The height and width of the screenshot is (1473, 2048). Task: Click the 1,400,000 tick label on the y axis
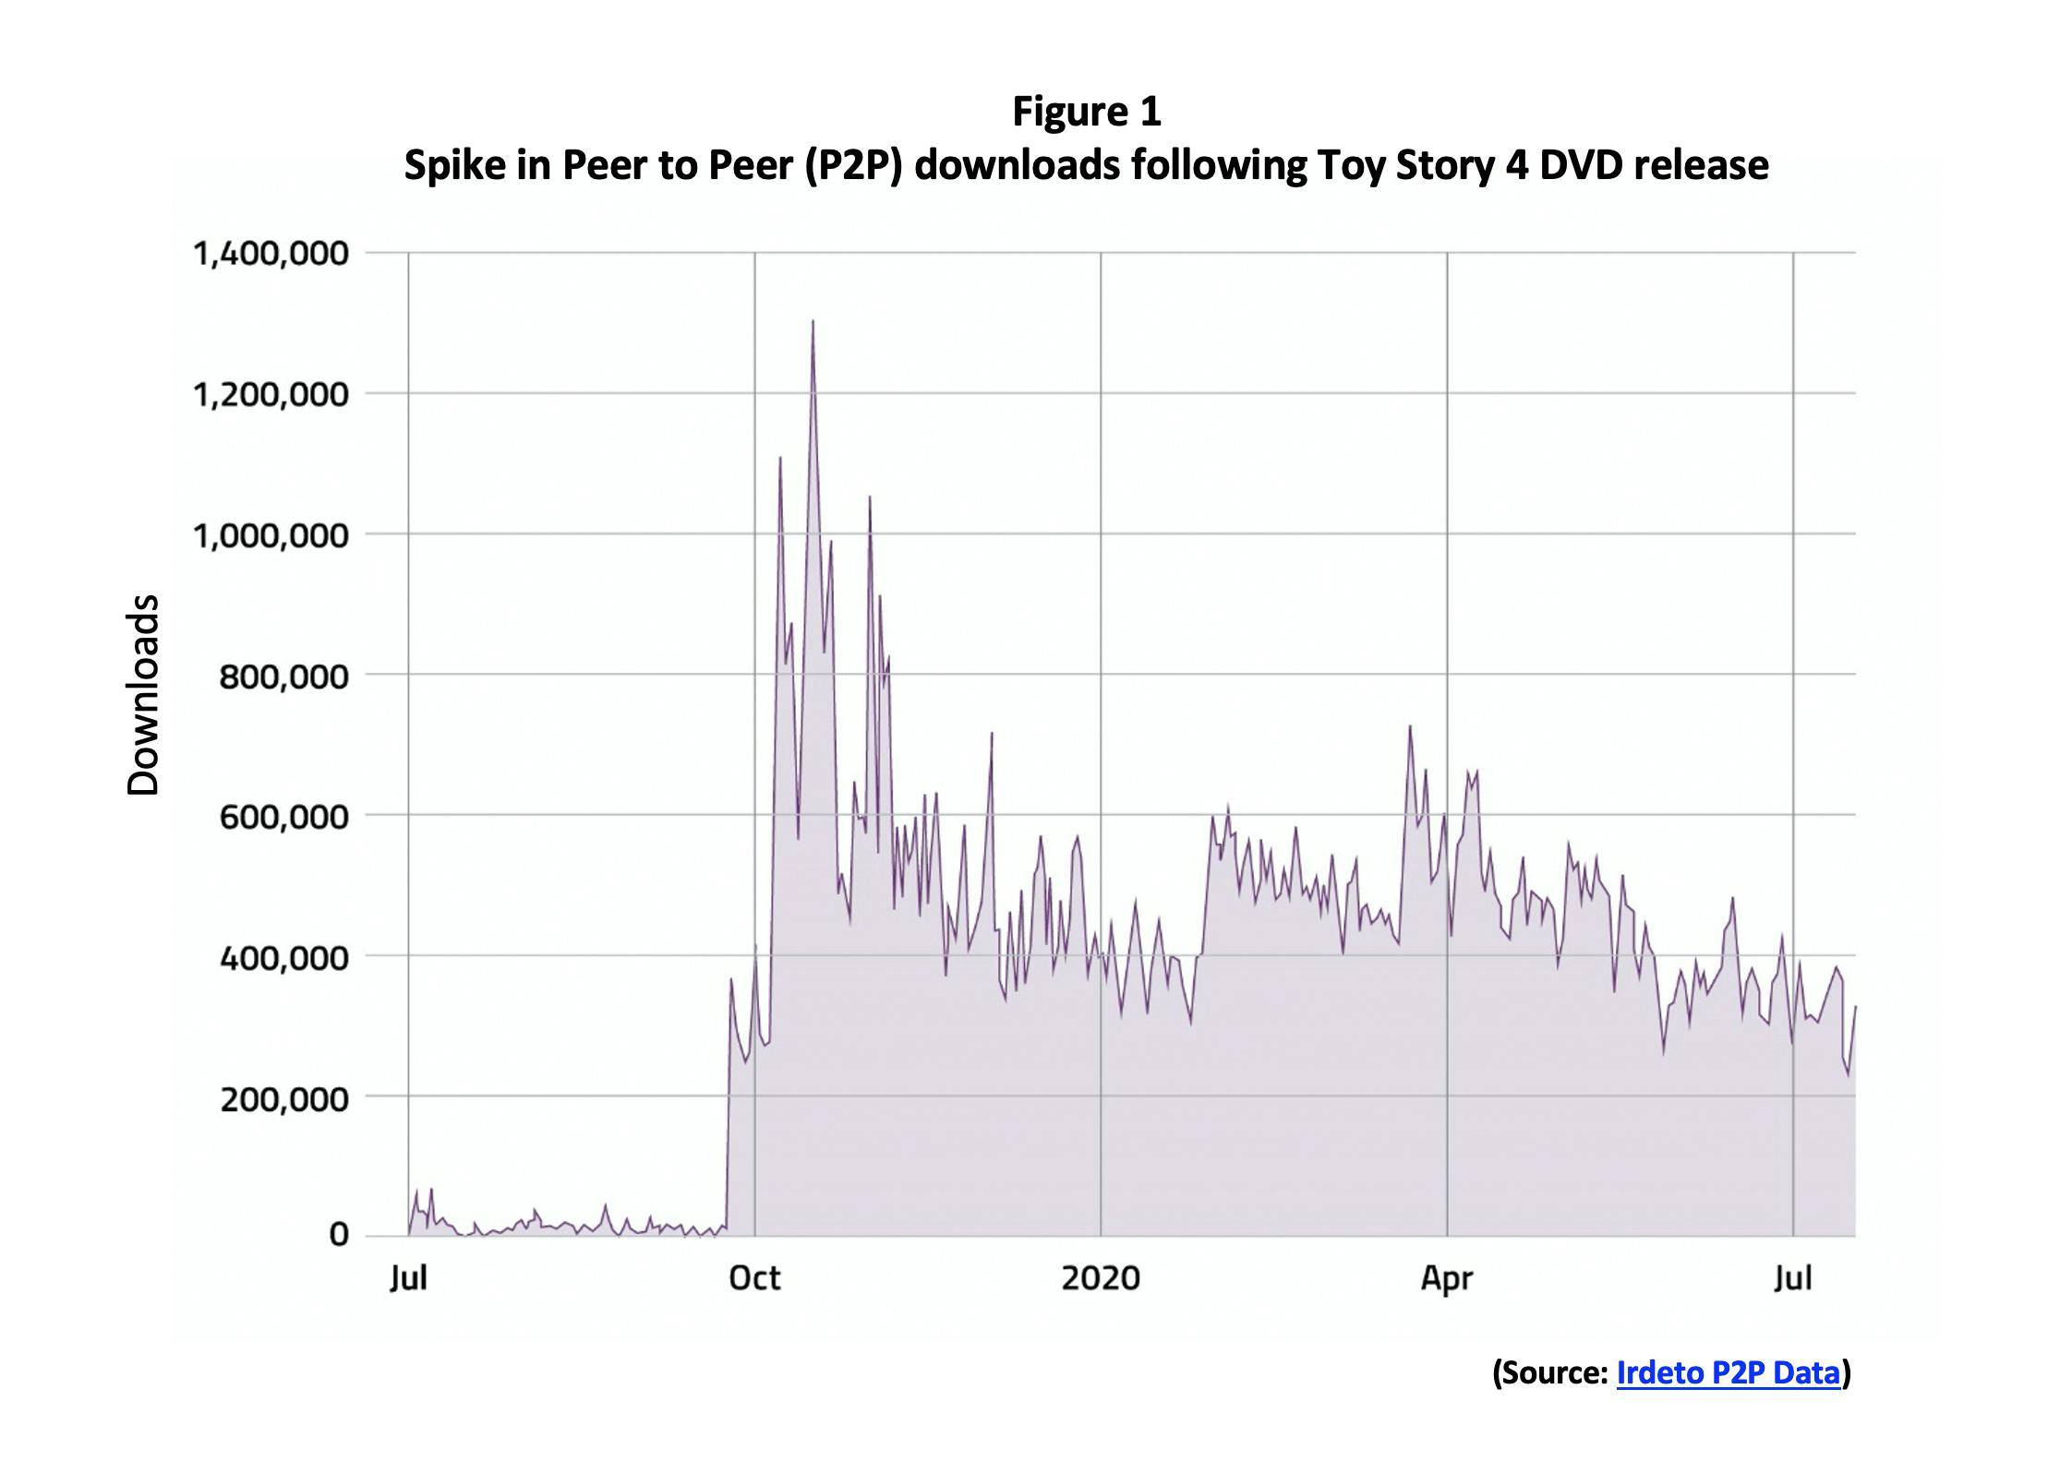[x=271, y=253]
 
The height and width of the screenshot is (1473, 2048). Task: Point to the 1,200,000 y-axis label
[x=271, y=395]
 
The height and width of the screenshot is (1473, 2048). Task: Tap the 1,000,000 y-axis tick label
[x=271, y=535]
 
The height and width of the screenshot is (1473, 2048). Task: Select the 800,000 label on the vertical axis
[x=283, y=677]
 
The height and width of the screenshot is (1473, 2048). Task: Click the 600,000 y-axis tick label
[x=283, y=817]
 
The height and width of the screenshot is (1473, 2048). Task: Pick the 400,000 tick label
[x=283, y=958]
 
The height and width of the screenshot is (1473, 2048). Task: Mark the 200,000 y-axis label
[x=283, y=1099]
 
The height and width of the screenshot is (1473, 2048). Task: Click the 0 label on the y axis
[x=339, y=1234]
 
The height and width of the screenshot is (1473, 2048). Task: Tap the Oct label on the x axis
[x=754, y=1278]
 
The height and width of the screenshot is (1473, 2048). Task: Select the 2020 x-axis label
[x=1100, y=1278]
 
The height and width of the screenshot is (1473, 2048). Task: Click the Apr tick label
[x=1446, y=1279]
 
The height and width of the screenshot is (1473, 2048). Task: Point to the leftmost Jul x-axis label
[x=408, y=1279]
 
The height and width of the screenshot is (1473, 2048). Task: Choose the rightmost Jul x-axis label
[x=1792, y=1279]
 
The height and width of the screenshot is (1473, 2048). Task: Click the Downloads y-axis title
[x=144, y=695]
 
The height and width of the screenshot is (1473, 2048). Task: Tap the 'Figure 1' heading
[x=1086, y=112]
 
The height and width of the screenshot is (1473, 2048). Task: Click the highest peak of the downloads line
[x=813, y=323]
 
